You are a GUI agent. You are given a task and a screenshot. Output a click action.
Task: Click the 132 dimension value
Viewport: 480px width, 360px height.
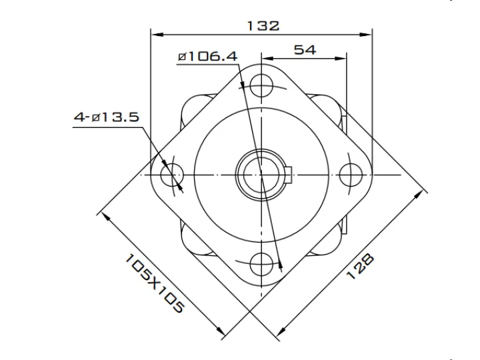coord(263,26)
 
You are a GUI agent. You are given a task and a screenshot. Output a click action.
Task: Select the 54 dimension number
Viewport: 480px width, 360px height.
coord(305,49)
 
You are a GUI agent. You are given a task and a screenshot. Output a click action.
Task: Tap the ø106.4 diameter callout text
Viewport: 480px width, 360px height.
coord(207,56)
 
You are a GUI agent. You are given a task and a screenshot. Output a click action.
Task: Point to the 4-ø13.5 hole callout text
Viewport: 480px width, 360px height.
coord(107,117)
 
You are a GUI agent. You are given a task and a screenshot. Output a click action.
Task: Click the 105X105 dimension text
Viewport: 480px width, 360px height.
coord(155,283)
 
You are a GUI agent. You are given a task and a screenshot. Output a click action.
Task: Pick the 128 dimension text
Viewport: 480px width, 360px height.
coord(360,266)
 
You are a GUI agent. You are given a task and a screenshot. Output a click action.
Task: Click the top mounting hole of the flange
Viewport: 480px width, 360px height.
coord(261,85)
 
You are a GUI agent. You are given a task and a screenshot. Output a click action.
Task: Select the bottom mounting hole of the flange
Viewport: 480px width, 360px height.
coord(261,264)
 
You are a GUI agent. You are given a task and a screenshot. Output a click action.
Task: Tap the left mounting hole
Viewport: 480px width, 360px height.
coord(171,175)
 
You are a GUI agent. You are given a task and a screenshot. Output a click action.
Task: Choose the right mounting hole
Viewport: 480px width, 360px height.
coord(351,175)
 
